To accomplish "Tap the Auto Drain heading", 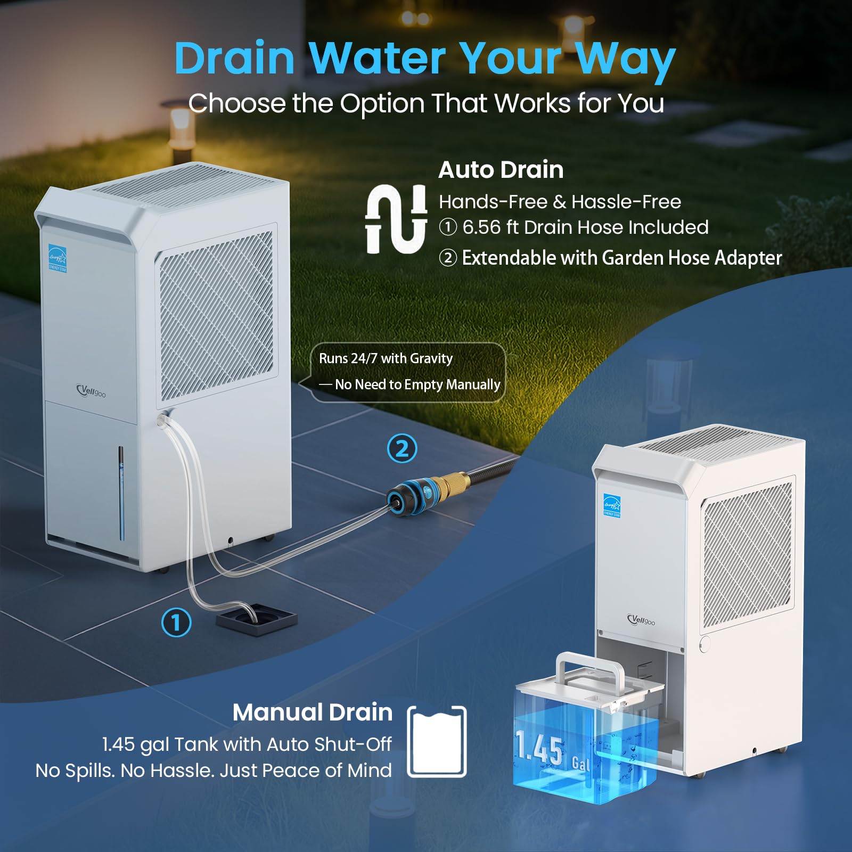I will (501, 170).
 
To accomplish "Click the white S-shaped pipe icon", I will (396, 219).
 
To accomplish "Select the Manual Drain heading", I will (313, 712).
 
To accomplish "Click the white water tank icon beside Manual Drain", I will (437, 741).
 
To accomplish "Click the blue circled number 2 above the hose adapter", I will (402, 448).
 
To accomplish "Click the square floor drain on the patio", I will (256, 619).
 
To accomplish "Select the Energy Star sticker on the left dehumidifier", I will (58, 258).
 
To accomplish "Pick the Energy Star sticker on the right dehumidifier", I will (612, 505).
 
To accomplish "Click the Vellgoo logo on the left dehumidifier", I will (91, 391).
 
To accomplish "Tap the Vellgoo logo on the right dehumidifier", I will (641, 620).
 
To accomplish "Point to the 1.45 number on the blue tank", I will (539, 748).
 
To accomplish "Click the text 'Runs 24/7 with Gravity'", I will (386, 358).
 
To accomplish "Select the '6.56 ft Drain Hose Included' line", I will (585, 227).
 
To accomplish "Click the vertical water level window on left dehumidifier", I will (121, 493).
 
